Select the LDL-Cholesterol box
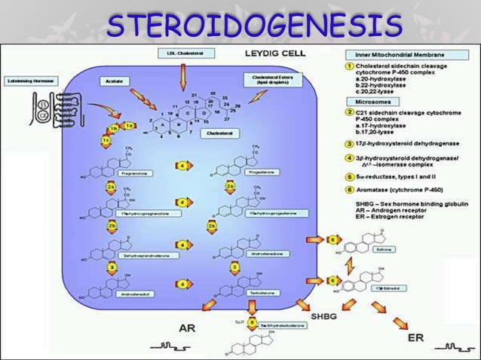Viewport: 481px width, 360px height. click(x=182, y=53)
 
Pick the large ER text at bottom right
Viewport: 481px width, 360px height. click(x=416, y=338)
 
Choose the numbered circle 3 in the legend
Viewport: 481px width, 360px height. click(x=349, y=142)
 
